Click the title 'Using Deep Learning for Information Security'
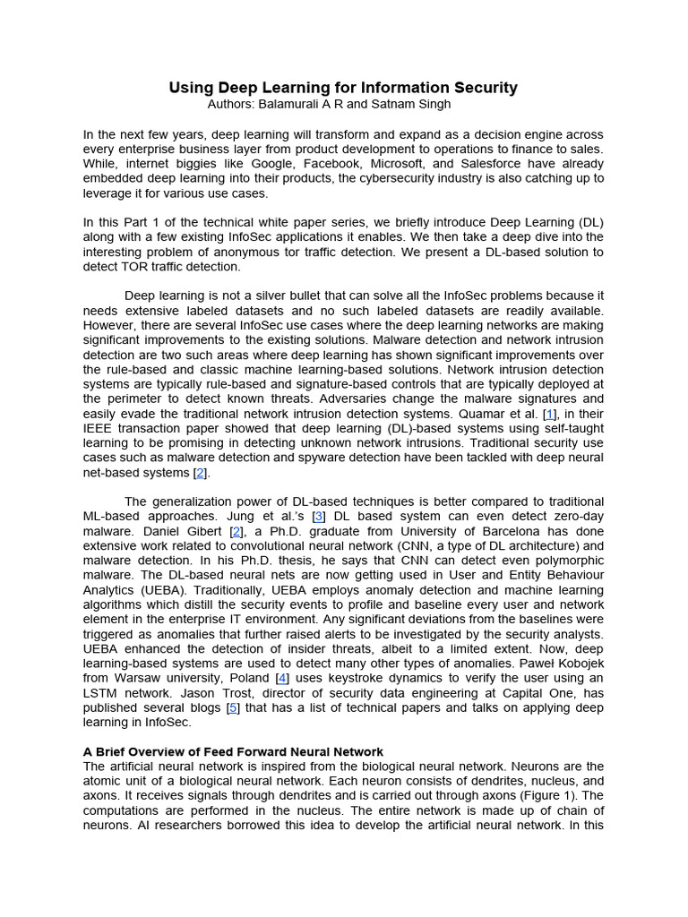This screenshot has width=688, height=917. pyautogui.click(x=343, y=88)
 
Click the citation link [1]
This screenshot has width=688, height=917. pyautogui.click(x=550, y=414)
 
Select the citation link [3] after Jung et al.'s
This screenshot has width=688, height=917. pyautogui.click(x=319, y=516)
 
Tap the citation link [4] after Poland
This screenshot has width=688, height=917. pyautogui.click(x=282, y=678)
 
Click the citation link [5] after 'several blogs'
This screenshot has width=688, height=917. pyautogui.click(x=233, y=707)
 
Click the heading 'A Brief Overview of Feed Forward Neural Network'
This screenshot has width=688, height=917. pyautogui.click(x=233, y=752)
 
